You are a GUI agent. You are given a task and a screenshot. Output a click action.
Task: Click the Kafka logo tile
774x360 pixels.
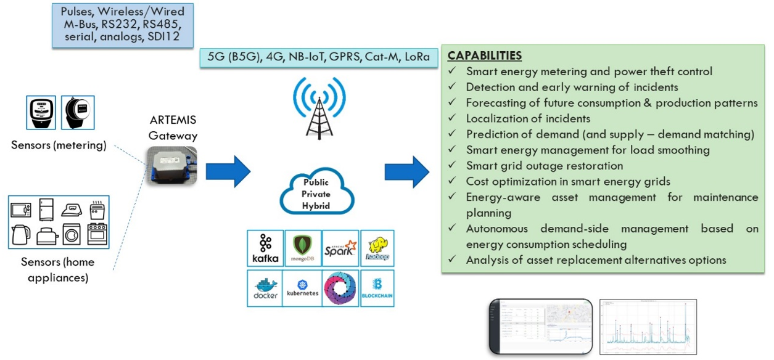point(265,248)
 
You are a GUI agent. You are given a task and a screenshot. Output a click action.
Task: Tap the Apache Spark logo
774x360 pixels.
point(340,248)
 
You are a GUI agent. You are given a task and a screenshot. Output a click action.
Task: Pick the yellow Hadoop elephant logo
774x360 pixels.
point(377,248)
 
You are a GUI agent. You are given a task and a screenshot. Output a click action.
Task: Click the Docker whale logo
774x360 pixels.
point(265,288)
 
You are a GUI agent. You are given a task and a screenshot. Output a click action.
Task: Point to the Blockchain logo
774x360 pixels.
point(377,288)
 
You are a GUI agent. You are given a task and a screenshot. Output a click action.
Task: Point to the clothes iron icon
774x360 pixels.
point(72,208)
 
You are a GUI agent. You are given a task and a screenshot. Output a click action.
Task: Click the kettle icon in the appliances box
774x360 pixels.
point(22,234)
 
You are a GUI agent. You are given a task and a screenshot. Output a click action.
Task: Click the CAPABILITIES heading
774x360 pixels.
point(485,56)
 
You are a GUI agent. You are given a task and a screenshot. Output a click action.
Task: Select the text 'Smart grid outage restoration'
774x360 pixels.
point(545,166)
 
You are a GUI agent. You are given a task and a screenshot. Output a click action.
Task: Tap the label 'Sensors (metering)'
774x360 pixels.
point(59,145)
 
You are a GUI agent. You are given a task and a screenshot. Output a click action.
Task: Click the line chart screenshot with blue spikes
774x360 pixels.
point(648,327)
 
